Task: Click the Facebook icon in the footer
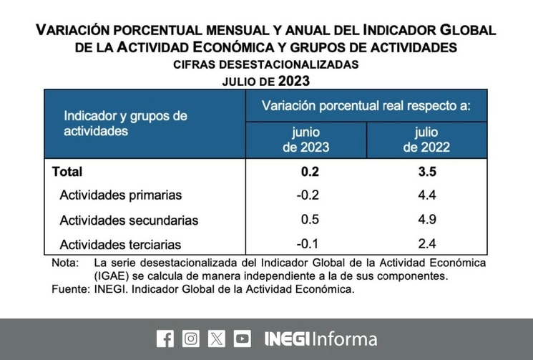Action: coord(165,338)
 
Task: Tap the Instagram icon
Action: coord(190,338)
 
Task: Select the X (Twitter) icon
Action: coord(216,338)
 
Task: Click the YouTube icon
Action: coord(243,338)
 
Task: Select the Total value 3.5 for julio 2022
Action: coord(426,172)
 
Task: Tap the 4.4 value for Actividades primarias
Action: coord(426,195)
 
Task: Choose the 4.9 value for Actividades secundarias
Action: coord(426,220)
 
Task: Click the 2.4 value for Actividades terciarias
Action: coord(426,244)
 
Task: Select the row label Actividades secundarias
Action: coord(129,220)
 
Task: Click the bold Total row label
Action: coord(67,172)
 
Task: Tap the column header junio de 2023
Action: coord(305,140)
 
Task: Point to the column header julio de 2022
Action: coord(426,140)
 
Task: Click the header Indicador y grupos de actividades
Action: coord(125,123)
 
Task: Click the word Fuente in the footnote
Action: coord(69,289)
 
